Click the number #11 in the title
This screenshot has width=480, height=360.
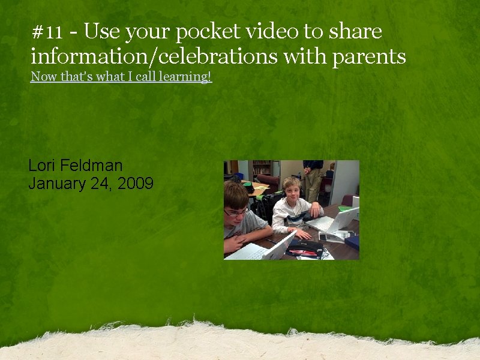[47, 32]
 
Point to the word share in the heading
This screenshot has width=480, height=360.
[354, 31]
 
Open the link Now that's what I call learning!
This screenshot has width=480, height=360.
[121, 77]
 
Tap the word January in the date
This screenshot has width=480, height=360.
[57, 184]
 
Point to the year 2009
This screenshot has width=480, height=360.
[136, 184]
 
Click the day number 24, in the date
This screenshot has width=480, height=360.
[103, 184]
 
